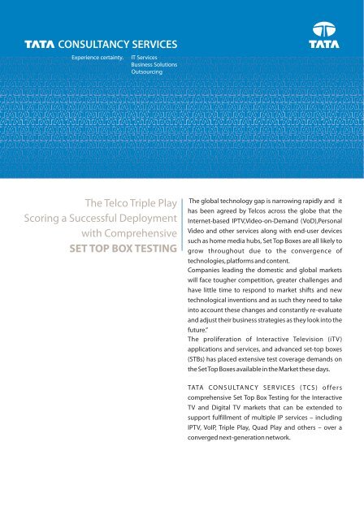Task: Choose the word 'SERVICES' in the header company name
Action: pyautogui.click(x=149, y=45)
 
